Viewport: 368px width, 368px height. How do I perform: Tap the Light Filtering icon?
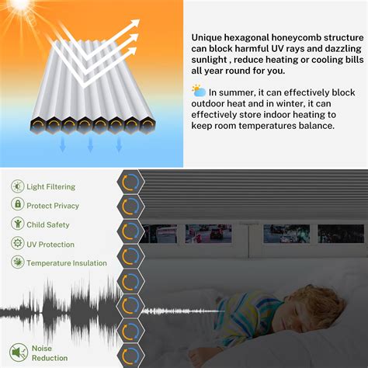17,186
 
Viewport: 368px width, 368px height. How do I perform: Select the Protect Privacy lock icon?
17,205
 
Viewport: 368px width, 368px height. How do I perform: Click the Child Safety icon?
17,224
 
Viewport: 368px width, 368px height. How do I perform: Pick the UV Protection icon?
17,244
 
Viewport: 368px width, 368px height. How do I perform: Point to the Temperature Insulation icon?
17,263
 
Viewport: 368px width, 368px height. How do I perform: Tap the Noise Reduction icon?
17,353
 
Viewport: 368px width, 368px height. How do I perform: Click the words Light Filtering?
50,187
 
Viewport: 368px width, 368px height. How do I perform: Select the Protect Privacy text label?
53,206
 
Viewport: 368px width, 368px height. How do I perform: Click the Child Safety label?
47,225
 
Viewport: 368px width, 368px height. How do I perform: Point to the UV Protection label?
50,245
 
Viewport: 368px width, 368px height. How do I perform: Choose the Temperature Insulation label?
67,263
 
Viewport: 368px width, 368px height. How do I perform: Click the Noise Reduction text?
49,353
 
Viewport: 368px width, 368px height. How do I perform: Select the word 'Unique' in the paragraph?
207,36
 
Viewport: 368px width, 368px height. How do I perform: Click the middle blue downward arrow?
91,144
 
